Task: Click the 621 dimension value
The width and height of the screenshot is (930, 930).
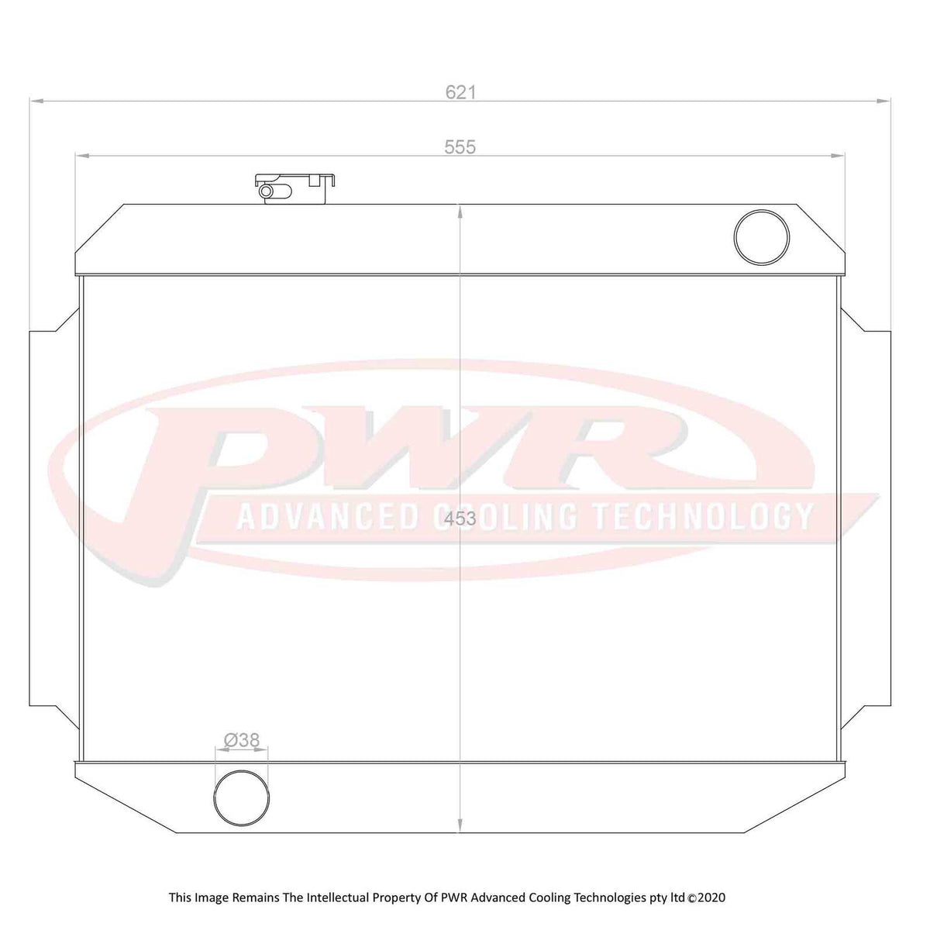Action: [x=460, y=92]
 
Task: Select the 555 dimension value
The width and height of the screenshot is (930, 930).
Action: [x=460, y=146]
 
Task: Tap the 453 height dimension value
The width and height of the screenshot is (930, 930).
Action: [x=461, y=519]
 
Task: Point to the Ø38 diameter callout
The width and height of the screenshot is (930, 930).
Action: [x=241, y=740]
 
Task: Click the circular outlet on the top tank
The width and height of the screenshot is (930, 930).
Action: [x=761, y=236]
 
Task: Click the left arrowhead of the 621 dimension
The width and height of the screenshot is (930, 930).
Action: [x=36, y=100]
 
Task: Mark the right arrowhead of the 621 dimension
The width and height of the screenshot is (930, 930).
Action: [x=884, y=100]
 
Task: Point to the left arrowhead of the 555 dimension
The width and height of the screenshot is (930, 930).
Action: [x=81, y=155]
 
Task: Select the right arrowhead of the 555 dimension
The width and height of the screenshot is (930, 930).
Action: [x=839, y=155]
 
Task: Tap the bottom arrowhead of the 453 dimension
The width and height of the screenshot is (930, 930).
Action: [x=461, y=826]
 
